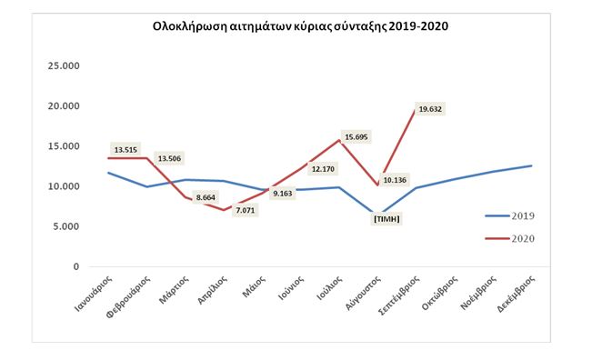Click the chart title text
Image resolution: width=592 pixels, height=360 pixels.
point(300,26)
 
